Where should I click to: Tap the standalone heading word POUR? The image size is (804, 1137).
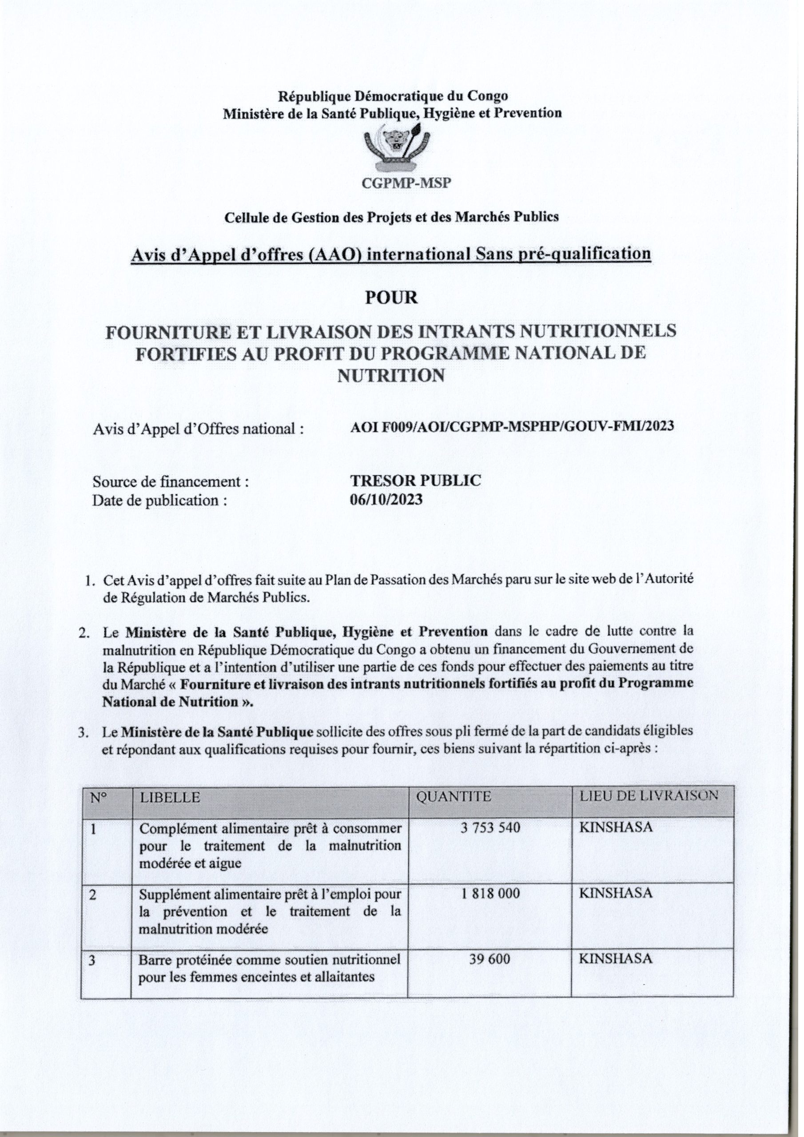391,298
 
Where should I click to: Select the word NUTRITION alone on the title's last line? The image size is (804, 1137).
391,376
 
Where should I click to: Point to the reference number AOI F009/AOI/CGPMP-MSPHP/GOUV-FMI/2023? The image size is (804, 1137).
512,426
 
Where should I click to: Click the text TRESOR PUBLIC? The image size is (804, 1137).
415,481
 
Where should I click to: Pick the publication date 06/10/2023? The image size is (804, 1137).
386,500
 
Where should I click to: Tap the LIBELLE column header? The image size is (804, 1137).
171,798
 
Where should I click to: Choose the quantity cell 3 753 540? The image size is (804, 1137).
490,827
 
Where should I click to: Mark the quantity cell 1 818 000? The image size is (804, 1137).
490,894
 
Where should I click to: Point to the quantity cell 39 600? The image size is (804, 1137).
490,959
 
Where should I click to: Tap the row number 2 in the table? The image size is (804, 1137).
94,895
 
